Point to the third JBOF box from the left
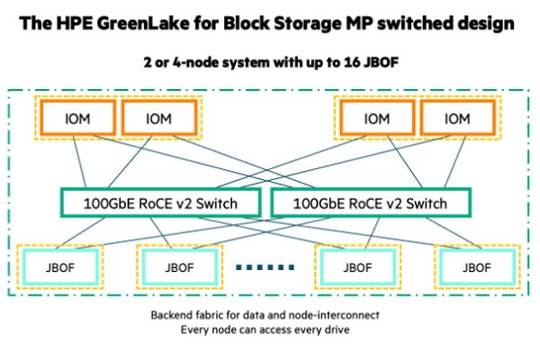[357, 267]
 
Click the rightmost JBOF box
[474, 267]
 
